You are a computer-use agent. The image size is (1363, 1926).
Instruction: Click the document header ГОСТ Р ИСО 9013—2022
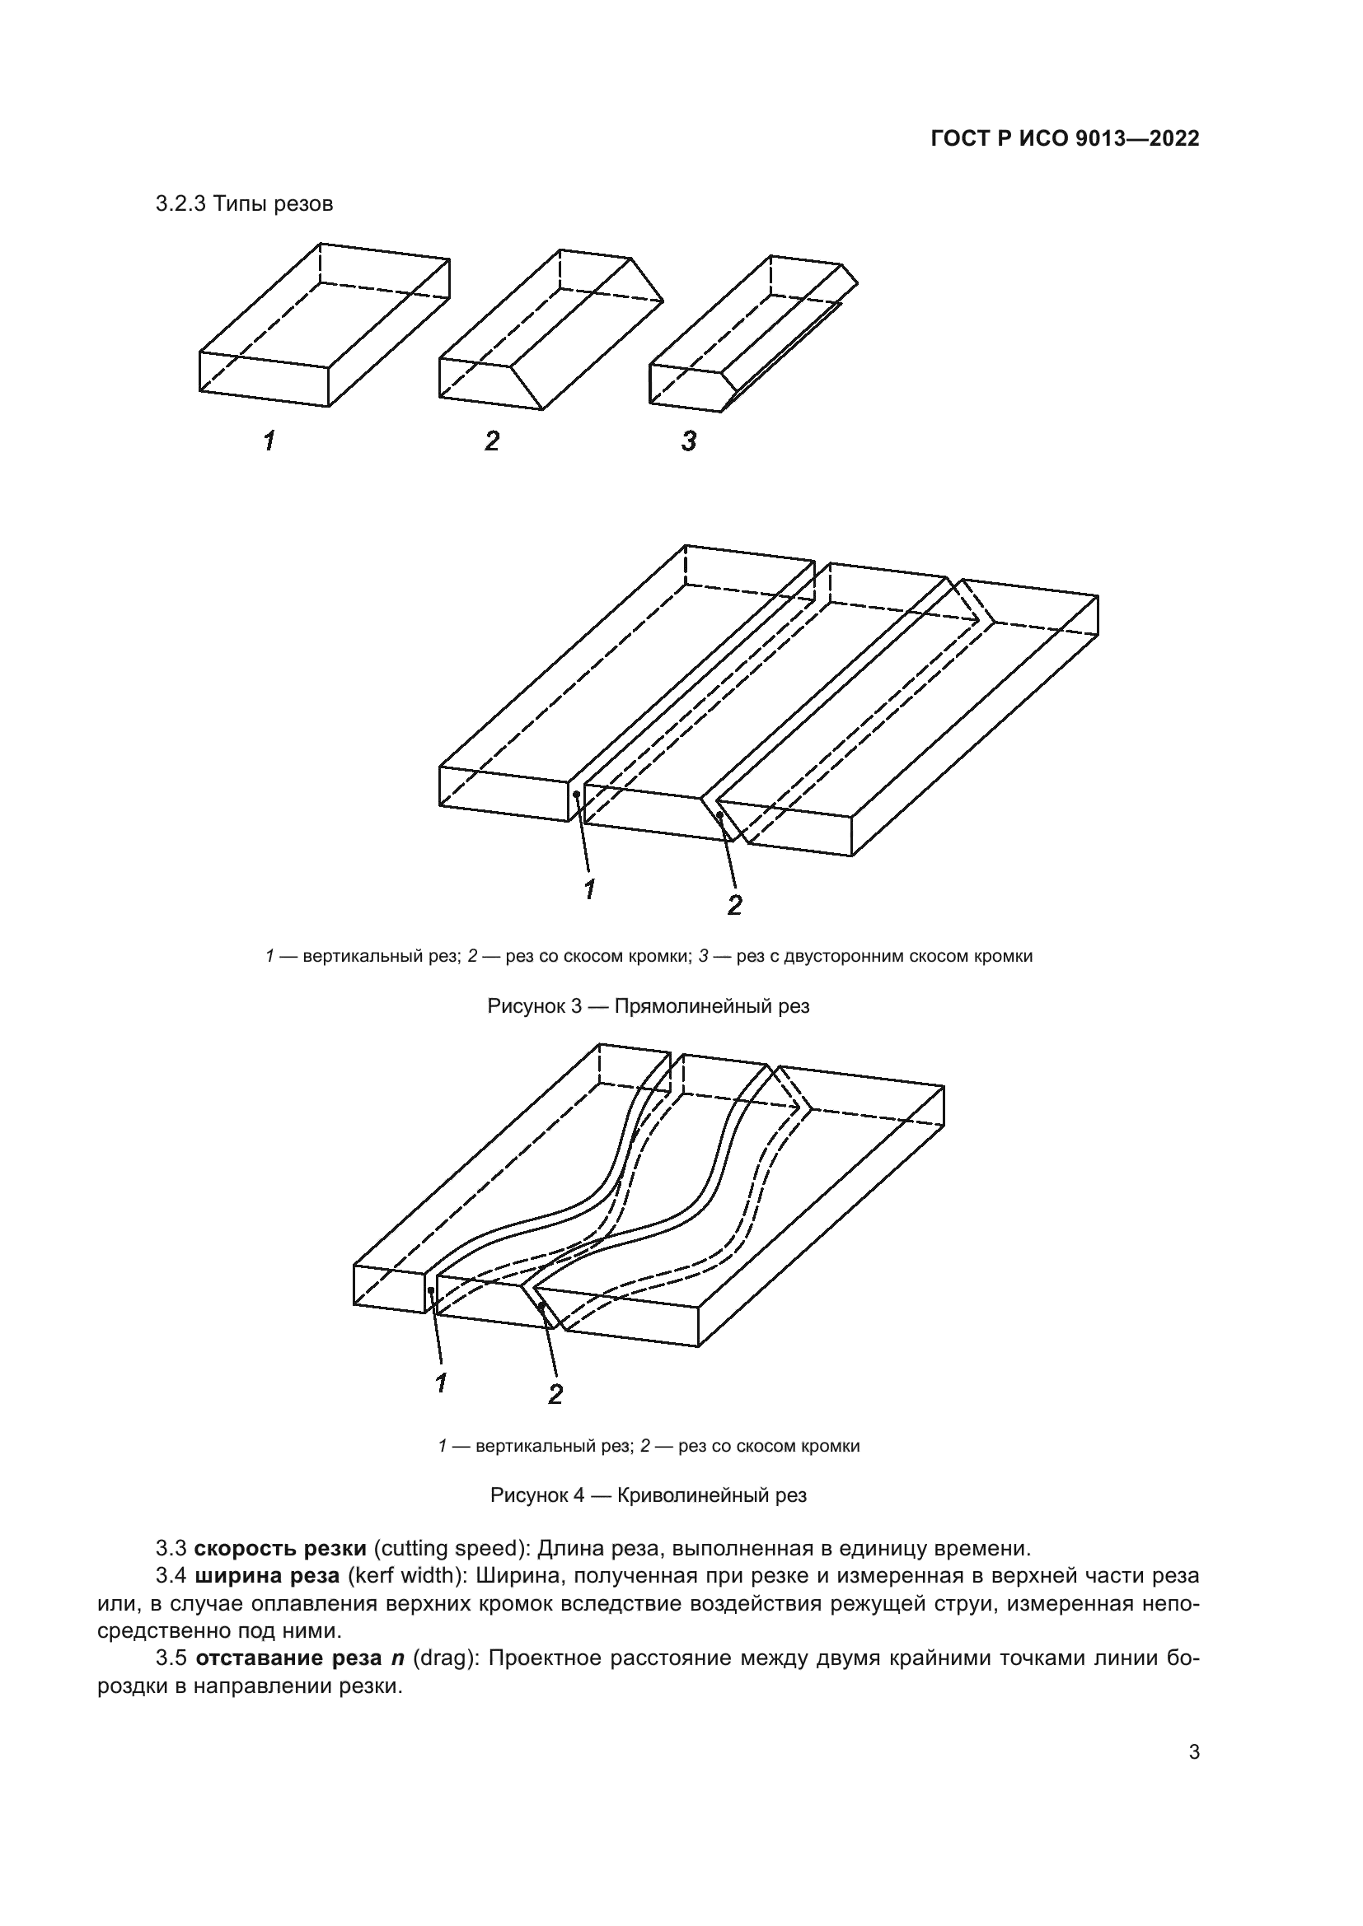(1064, 139)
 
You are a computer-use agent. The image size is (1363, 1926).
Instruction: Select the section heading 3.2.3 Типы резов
(244, 204)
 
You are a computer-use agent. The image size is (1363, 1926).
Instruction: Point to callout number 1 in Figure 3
(590, 889)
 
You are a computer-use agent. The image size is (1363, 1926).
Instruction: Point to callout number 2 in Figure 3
(734, 905)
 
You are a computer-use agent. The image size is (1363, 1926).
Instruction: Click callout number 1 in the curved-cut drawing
(441, 1383)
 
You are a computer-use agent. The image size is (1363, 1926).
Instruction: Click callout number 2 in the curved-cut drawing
(555, 1394)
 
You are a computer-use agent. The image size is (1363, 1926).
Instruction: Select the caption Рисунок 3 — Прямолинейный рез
(648, 1005)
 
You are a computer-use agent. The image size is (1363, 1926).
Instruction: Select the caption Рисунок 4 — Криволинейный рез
(648, 1495)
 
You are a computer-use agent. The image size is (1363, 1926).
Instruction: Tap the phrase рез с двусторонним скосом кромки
(883, 956)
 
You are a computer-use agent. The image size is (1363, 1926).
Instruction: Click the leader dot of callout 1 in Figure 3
(576, 794)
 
